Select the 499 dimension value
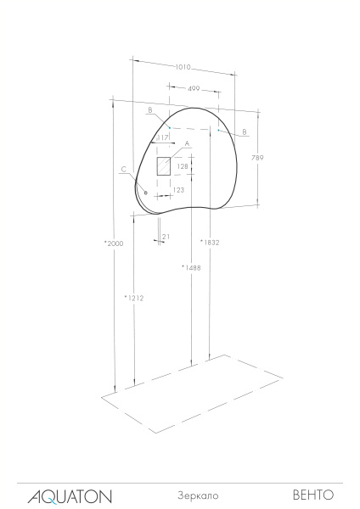tap(194, 88)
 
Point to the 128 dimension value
tap(182, 167)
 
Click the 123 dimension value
tap(178, 190)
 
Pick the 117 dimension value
tap(163, 137)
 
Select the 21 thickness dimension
tap(166, 237)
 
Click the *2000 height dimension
tap(114, 243)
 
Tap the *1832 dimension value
tap(210, 243)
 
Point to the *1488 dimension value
tap(191, 268)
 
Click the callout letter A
tap(186, 144)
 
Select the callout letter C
tap(123, 170)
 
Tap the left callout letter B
tap(149, 110)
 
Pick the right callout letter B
tap(244, 131)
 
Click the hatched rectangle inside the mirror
tap(164, 165)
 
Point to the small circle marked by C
tap(146, 193)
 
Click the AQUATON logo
tap(70, 495)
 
